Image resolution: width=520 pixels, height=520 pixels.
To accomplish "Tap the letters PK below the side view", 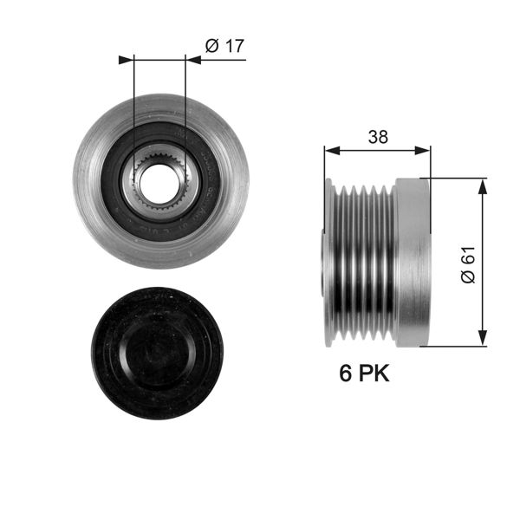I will [374, 374].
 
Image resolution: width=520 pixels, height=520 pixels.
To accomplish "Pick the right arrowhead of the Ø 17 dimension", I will [192, 60].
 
